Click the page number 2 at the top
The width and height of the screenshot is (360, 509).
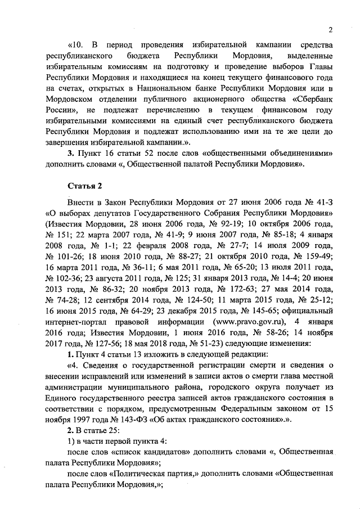(x=331, y=30)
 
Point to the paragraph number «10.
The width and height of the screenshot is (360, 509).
(x=78, y=44)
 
